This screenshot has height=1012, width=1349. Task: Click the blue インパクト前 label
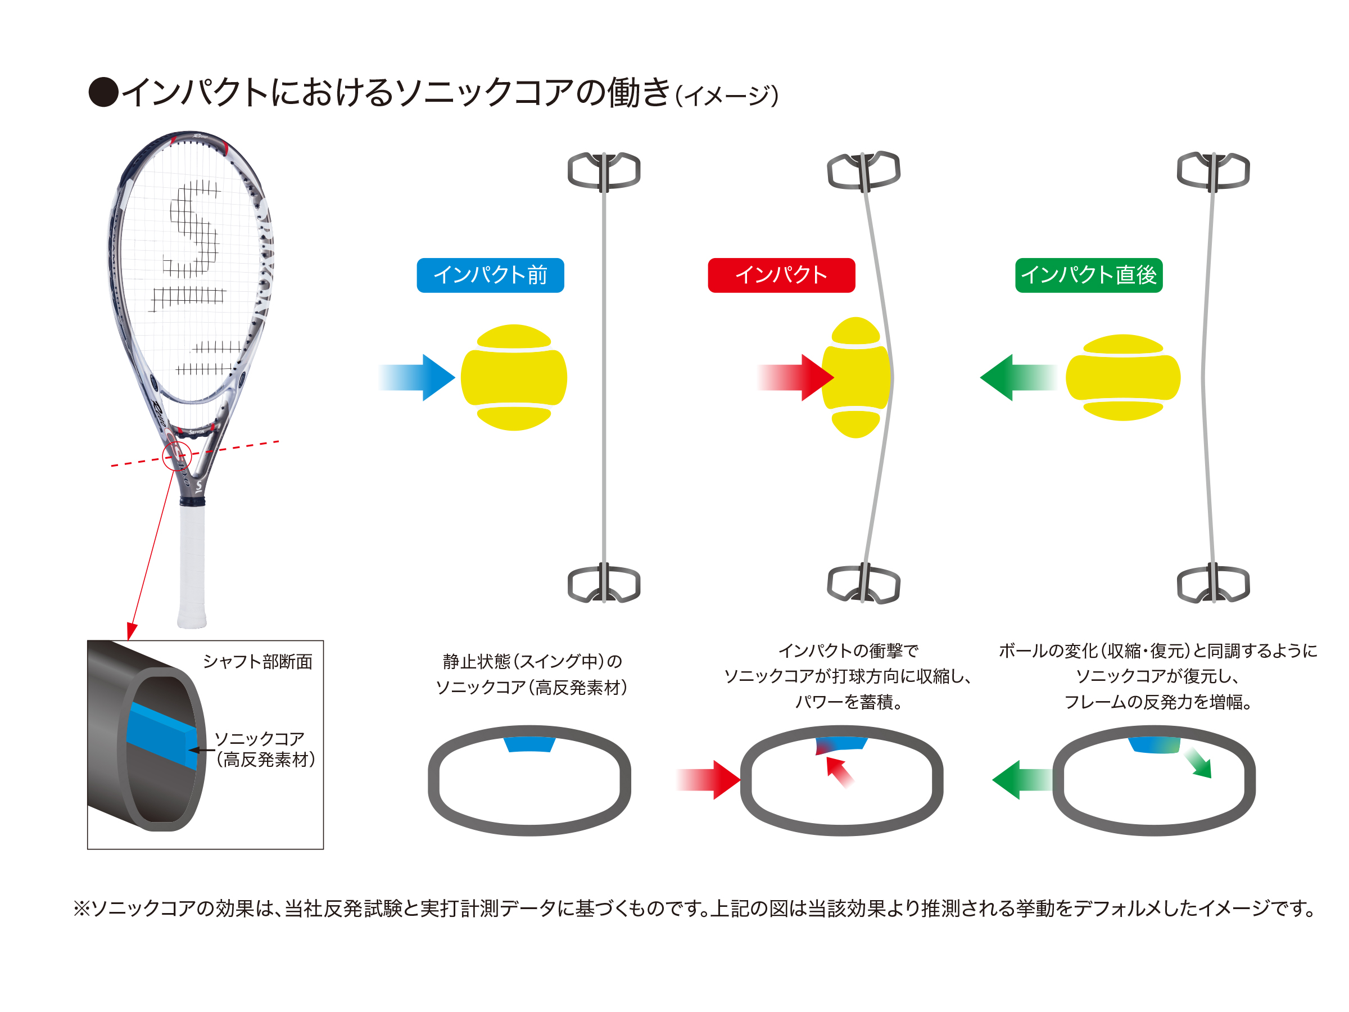490,275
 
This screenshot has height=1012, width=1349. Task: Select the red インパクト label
781,275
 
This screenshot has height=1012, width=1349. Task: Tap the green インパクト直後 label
1089,275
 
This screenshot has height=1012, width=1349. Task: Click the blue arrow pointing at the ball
417,377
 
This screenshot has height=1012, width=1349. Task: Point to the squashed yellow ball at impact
856,377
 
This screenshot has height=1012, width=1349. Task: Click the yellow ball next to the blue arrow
514,377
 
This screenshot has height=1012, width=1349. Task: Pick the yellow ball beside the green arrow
1122,377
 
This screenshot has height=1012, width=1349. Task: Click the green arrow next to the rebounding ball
1018,377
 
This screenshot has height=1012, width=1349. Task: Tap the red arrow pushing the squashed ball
795,377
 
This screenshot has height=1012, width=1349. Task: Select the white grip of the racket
192,566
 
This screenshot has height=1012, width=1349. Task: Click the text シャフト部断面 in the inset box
257,661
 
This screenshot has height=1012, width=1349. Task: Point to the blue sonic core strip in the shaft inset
162,735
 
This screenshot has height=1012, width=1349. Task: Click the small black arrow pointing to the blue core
201,749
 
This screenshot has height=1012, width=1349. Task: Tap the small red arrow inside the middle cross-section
840,772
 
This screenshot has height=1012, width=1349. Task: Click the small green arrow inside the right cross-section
1198,763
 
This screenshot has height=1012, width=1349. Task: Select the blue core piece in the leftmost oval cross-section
529,744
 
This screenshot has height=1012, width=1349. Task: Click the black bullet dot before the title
103,92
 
